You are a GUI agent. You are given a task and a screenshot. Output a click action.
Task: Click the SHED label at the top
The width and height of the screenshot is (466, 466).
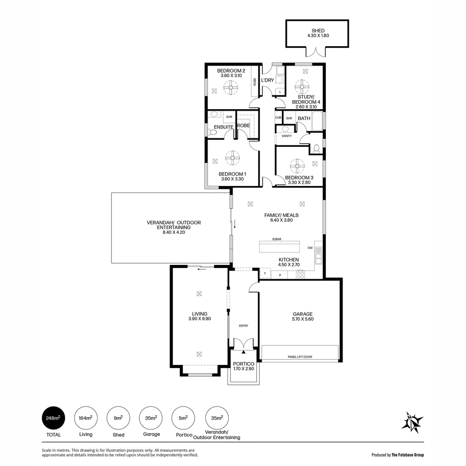[318, 31]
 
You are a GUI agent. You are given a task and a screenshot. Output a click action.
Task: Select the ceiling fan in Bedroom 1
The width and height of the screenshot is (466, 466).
[232, 157]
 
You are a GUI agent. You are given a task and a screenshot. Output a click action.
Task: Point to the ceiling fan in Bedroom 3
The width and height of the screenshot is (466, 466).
[297, 166]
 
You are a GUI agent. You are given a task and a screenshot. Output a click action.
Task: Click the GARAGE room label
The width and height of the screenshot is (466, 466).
[302, 314]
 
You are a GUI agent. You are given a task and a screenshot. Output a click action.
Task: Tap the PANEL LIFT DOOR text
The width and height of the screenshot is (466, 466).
[300, 357]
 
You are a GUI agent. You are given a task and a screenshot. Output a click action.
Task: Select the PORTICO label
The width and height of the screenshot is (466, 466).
[244, 364]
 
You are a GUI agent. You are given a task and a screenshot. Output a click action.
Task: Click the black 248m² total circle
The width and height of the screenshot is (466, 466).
[54, 418]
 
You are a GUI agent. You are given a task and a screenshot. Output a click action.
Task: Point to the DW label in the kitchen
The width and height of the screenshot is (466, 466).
[310, 248]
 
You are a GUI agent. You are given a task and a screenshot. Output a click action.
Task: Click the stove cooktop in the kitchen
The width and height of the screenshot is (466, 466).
[300, 274]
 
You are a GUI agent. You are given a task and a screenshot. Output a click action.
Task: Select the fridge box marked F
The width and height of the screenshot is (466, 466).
[265, 274]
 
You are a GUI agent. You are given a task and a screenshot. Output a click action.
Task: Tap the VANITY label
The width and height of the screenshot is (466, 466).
[287, 136]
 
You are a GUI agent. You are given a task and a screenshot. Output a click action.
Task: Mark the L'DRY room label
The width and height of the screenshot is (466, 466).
[268, 80]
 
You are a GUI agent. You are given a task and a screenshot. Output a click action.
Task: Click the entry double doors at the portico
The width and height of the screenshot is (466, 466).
[243, 343]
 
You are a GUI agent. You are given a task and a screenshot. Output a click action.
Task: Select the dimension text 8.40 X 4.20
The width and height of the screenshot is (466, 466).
[173, 232]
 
